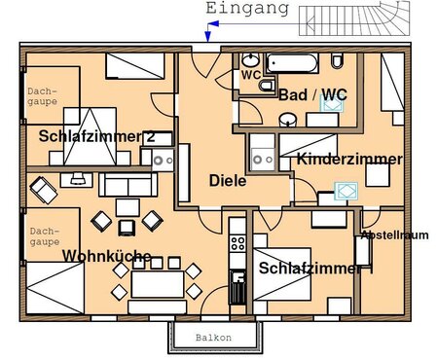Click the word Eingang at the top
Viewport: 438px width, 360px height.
point(247,9)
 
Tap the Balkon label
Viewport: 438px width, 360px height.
point(213,338)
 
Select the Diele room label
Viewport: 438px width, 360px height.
point(228,181)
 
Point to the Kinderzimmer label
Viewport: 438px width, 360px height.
point(349,160)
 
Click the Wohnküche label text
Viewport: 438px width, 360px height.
point(107,256)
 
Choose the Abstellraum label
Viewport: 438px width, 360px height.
point(394,234)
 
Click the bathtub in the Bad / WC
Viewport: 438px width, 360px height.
point(292,63)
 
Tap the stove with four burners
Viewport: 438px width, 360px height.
point(237,243)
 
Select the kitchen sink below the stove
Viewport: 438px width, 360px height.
point(237,287)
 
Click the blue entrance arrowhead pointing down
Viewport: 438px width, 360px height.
point(207,38)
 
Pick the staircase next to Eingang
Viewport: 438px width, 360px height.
point(354,18)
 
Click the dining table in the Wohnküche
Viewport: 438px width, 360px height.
point(158,284)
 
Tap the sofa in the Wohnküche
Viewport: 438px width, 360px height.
point(128,185)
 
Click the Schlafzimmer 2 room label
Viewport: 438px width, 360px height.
point(96,136)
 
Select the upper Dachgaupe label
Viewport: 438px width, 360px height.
point(42,96)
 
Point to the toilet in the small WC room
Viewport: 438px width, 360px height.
point(267,85)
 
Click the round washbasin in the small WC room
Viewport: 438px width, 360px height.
point(250,59)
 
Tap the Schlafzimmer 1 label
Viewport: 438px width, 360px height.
point(315,269)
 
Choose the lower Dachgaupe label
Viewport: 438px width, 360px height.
point(45,236)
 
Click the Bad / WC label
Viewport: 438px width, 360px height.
point(312,94)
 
